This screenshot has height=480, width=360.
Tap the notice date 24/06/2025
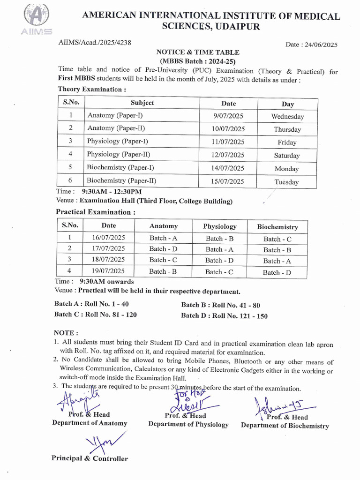(x=311, y=45)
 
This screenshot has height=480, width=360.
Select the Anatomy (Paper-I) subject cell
(x=115, y=115)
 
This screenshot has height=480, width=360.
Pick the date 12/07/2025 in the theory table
(x=228, y=155)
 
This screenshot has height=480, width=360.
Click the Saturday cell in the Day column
(x=287, y=156)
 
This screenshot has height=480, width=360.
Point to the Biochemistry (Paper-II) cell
(x=121, y=180)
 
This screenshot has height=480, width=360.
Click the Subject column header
(x=142, y=103)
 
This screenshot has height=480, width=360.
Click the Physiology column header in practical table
(x=220, y=226)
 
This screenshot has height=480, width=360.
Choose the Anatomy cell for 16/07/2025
(x=163, y=238)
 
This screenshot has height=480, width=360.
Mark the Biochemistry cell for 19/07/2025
(x=277, y=272)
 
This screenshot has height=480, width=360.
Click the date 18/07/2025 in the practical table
(x=109, y=260)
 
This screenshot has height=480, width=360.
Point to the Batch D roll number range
(x=224, y=316)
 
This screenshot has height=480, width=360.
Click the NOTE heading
(x=66, y=333)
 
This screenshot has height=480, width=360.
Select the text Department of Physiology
(x=188, y=424)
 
